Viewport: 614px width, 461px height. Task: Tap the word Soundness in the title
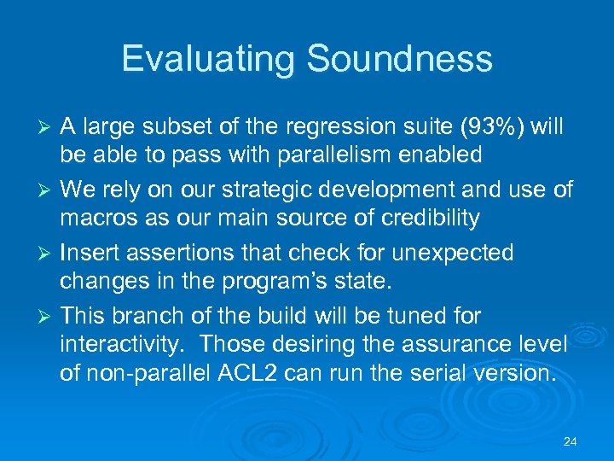click(398, 59)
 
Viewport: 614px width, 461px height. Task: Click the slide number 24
click(571, 442)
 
